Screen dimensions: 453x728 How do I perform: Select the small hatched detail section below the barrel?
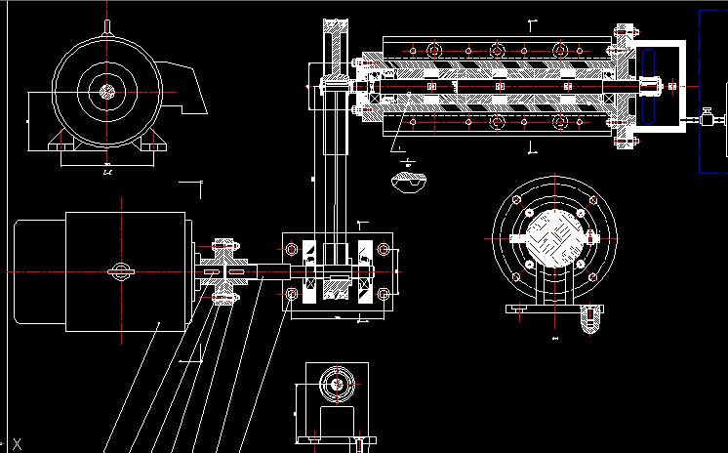[407, 181]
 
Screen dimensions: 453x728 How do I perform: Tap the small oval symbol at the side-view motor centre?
[120, 272]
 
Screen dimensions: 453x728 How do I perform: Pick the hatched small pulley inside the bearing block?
[336, 290]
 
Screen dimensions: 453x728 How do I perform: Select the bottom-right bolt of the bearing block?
[382, 293]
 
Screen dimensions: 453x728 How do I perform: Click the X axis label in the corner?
[17, 443]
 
